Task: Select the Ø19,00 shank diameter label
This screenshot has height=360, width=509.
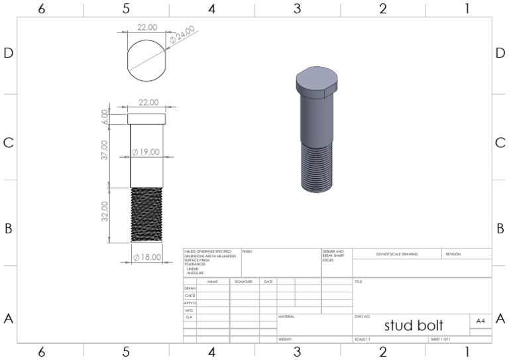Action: [x=146, y=152]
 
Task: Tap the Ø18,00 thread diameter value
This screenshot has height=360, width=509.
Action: [x=146, y=257]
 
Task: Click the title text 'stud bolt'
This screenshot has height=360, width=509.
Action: [x=414, y=325]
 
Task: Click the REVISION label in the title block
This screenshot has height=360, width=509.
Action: [x=453, y=254]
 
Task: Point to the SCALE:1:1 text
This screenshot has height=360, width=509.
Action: [x=362, y=339]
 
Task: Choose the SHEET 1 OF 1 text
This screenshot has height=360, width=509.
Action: [x=441, y=339]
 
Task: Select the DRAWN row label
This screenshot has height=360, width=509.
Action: [x=190, y=289]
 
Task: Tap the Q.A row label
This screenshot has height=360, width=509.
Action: [x=189, y=318]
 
